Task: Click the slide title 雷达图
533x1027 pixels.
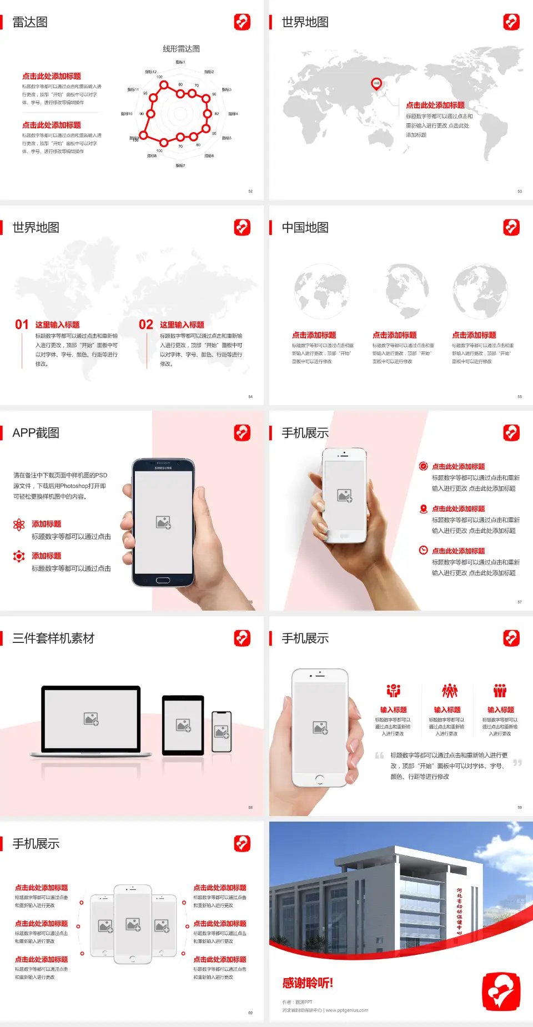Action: pyautogui.click(x=30, y=22)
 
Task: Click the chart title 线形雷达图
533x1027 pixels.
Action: pyautogui.click(x=181, y=49)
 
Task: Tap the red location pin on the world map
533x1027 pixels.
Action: pyautogui.click(x=376, y=84)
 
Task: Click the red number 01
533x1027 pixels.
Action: pyautogui.click(x=22, y=325)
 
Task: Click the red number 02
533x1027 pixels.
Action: pyautogui.click(x=146, y=325)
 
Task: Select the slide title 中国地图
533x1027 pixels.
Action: pyautogui.click(x=305, y=228)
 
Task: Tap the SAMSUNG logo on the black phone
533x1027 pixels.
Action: pyautogui.click(x=163, y=468)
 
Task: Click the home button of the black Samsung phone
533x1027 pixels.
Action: pyautogui.click(x=163, y=580)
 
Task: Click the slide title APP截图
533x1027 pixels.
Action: pyautogui.click(x=36, y=433)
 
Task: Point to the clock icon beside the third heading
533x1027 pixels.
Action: pyautogui.click(x=423, y=550)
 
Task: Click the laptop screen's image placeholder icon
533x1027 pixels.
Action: pyautogui.click(x=91, y=719)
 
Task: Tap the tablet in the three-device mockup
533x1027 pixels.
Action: pyautogui.click(x=183, y=724)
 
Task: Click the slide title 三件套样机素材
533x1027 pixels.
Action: pyautogui.click(x=53, y=638)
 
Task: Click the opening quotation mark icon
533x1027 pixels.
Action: pyautogui.click(x=380, y=756)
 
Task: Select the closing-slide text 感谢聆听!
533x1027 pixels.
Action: pyautogui.click(x=308, y=983)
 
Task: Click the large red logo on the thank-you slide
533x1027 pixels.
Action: pyautogui.click(x=501, y=991)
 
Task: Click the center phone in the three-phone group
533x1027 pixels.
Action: pyautogui.click(x=133, y=924)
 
